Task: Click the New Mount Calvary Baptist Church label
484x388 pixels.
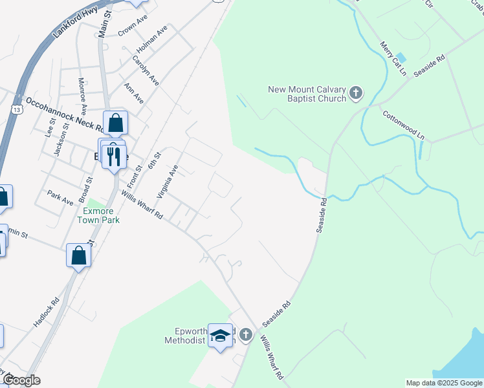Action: pyautogui.click(x=307, y=94)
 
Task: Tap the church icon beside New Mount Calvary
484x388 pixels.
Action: pyautogui.click(x=355, y=94)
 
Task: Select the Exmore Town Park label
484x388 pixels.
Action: pyautogui.click(x=98, y=215)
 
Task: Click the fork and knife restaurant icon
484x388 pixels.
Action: pyautogui.click(x=114, y=156)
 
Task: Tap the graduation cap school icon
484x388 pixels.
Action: pyautogui.click(x=221, y=336)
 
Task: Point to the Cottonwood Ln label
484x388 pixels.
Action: pyautogui.click(x=404, y=125)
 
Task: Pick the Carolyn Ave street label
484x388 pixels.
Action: pyautogui.click(x=146, y=70)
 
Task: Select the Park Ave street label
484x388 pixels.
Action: pyautogui.click(x=60, y=197)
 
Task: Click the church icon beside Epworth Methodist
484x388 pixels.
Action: pyautogui.click(x=245, y=334)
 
